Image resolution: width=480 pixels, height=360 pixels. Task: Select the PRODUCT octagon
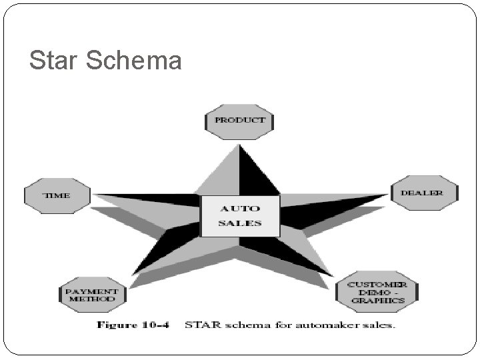[x=239, y=121]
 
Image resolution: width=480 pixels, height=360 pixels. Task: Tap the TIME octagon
[x=57, y=195]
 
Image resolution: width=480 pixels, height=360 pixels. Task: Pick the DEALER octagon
[x=425, y=193]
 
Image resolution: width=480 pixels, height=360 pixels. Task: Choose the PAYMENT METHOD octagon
[x=91, y=295]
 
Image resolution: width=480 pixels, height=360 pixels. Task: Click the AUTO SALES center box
[x=240, y=216]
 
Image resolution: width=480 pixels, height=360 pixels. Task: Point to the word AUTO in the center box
[x=240, y=209]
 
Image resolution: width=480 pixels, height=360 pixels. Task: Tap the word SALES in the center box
[x=240, y=223]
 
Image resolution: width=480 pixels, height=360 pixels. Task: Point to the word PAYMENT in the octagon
[x=91, y=291]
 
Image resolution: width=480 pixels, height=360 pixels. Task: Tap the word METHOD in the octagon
[x=91, y=299]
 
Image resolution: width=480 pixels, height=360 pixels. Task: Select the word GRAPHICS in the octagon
[x=378, y=301]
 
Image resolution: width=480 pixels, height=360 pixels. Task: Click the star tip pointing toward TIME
[x=95, y=195]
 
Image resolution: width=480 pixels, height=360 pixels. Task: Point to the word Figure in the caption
[x=118, y=325]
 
